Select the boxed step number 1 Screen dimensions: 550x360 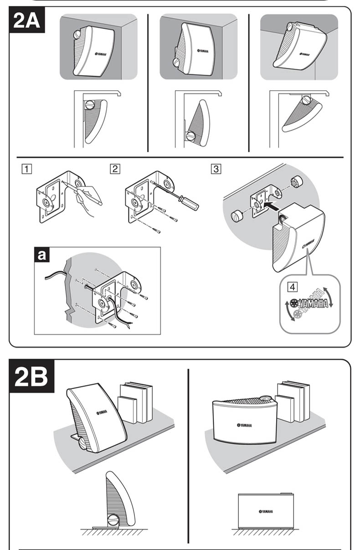click(28, 169)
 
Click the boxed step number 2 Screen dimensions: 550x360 click(115, 169)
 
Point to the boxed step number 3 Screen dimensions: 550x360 click(216, 169)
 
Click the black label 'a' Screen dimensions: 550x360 click(42, 255)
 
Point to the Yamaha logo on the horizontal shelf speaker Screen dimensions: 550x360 click(244, 425)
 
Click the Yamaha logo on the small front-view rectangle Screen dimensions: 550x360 click(266, 511)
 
